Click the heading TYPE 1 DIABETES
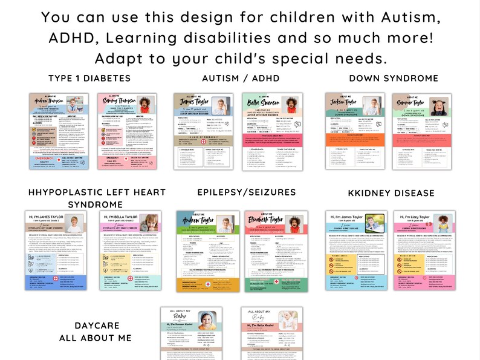tap(89, 79)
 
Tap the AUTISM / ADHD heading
tap(241, 79)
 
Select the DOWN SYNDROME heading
tap(394, 79)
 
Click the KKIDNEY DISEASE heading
tap(391, 193)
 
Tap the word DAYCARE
tap(95, 326)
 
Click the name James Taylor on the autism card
tap(193, 103)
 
